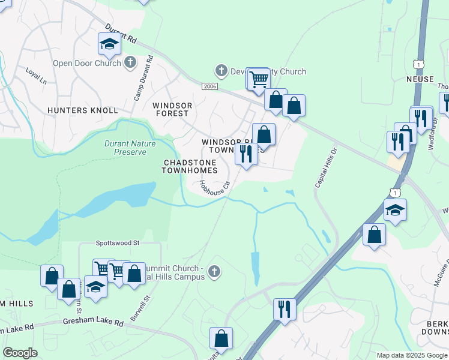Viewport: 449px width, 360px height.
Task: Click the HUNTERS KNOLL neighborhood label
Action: (83, 110)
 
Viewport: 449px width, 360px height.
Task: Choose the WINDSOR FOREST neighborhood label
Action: (173, 109)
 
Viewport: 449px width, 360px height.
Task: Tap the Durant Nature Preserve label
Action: (130, 148)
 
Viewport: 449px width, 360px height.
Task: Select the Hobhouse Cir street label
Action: (215, 187)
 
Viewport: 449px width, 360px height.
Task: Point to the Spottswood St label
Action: (117, 243)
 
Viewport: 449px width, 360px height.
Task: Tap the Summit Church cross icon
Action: (214, 273)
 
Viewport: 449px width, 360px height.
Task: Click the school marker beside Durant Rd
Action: (109, 44)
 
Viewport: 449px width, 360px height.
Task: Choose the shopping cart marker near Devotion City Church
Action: (258, 79)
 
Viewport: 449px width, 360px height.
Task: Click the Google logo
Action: (20, 353)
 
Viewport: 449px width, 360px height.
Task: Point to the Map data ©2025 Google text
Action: (412, 355)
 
